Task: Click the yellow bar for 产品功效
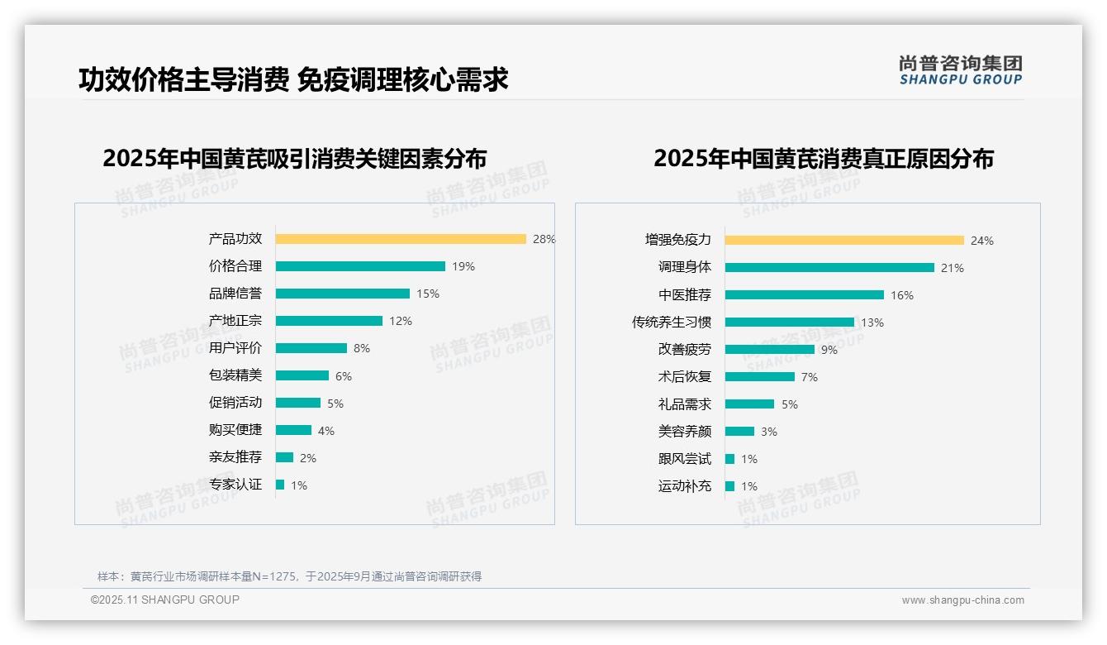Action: pos(401,239)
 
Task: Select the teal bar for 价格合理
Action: pos(360,266)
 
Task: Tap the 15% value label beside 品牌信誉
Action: pos(428,294)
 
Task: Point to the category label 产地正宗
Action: pos(235,321)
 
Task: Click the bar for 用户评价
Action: pos(311,348)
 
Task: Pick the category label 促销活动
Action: pos(235,403)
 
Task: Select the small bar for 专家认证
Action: pos(280,485)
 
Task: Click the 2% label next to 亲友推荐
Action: pos(308,457)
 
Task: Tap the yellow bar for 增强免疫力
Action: pos(844,241)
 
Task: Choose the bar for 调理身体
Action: pos(829,268)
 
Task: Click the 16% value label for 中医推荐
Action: pos(902,295)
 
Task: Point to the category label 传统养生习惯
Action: pos(671,322)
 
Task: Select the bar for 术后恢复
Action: pos(760,377)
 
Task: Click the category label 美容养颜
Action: pos(684,432)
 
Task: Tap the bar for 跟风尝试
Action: pos(730,459)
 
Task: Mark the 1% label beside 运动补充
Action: pos(749,486)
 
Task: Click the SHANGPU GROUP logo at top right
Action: pos(960,70)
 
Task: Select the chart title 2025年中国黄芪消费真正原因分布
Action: pos(823,159)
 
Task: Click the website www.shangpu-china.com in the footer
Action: pos(962,600)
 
